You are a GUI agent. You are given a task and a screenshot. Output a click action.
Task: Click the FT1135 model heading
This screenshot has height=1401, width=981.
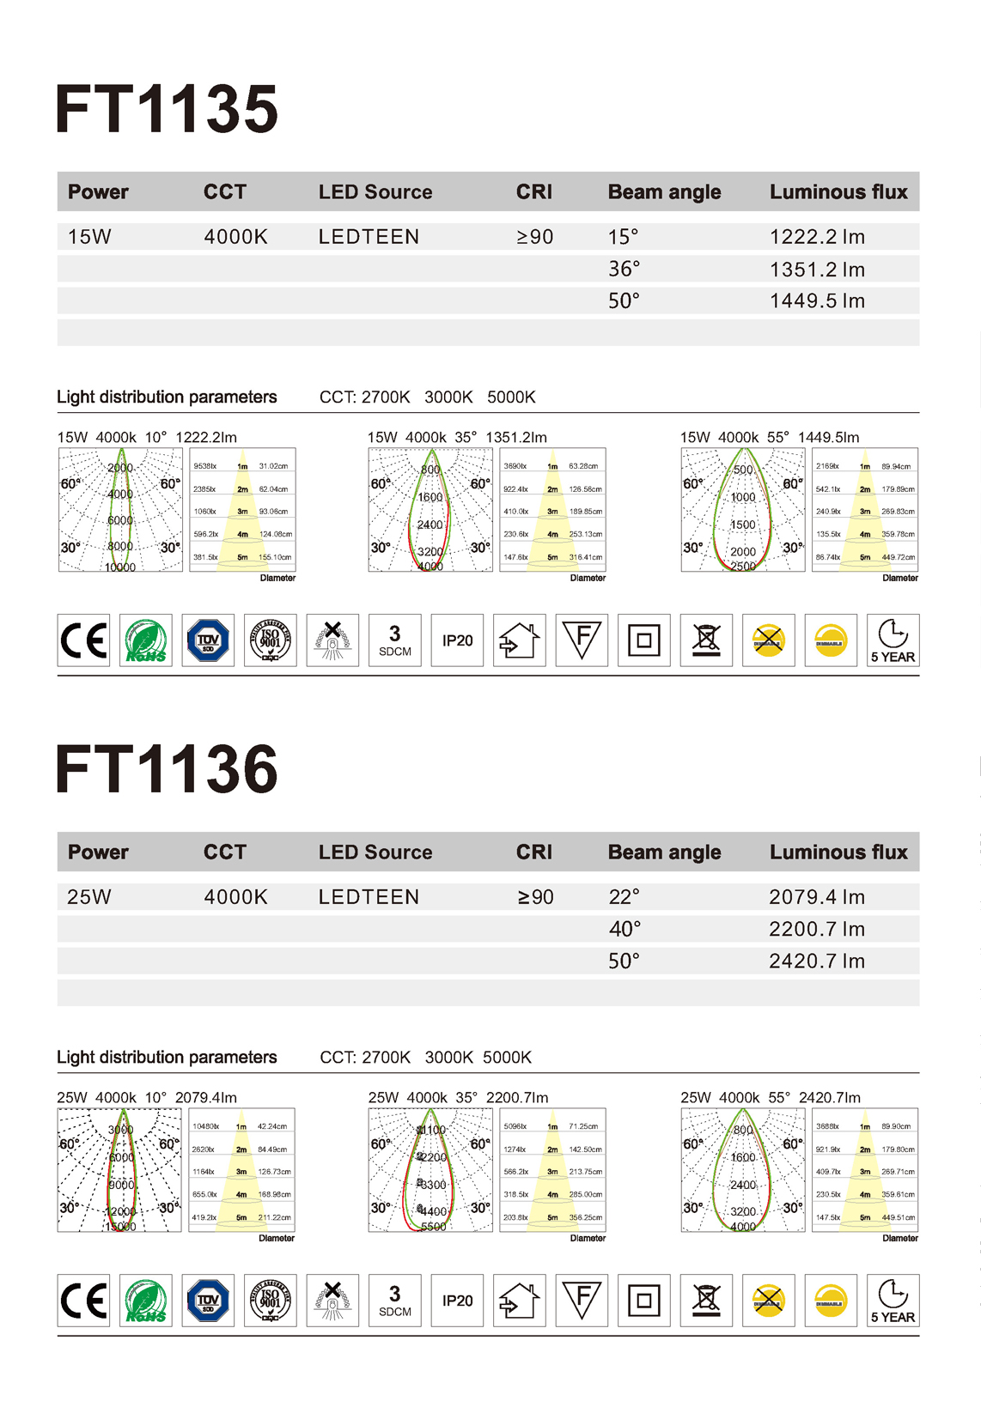coord(167,110)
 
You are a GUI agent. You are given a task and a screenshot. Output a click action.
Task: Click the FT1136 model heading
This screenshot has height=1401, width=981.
coord(167,769)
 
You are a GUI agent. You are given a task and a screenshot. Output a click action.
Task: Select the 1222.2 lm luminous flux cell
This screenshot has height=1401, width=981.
coord(817,237)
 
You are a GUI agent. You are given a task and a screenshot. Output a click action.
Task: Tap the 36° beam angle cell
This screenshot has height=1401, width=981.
coord(625,270)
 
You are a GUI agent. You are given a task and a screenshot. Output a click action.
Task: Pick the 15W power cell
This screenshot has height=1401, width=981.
coord(89,237)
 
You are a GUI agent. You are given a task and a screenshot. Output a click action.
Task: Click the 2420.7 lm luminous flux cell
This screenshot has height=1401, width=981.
coord(817,961)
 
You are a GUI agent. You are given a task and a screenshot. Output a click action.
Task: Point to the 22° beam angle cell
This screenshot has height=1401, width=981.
coord(625,897)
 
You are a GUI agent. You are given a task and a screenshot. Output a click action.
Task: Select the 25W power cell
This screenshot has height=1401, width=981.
coord(89,897)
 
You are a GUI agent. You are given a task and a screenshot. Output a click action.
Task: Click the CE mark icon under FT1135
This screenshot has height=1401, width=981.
coord(83,640)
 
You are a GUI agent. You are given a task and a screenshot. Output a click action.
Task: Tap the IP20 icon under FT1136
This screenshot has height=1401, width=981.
coord(457,1301)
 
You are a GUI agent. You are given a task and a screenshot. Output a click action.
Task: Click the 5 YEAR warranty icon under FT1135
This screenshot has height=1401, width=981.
coord(893,640)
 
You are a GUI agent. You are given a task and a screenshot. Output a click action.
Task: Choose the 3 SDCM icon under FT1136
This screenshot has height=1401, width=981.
coord(395,1301)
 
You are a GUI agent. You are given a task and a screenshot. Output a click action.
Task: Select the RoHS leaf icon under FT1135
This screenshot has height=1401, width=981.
coord(146,640)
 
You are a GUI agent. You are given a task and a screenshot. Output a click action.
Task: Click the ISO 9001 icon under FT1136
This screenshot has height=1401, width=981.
coord(271,1301)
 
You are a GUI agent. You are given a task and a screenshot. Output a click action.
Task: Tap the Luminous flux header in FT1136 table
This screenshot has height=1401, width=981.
coord(838,852)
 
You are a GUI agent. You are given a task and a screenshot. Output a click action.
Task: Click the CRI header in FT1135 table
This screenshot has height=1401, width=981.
coord(534,192)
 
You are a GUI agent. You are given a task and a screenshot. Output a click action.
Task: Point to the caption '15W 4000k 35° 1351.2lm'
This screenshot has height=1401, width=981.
coord(457,437)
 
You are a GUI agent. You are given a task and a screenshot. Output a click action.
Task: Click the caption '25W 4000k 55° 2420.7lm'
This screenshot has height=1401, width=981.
coord(771,1098)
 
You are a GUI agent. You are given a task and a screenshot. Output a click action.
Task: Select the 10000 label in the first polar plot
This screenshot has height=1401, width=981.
coord(120,567)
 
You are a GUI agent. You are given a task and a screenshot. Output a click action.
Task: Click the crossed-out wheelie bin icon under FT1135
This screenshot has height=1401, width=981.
coord(706,640)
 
